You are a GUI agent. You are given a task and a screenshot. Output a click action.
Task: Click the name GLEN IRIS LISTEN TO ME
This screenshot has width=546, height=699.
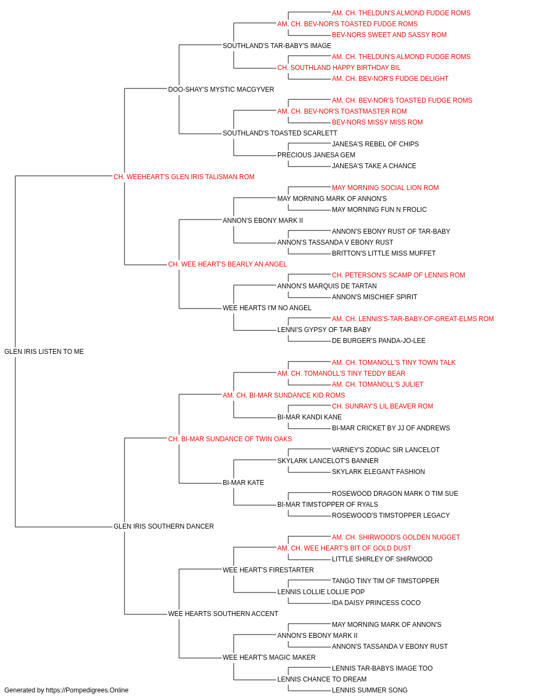click(44, 351)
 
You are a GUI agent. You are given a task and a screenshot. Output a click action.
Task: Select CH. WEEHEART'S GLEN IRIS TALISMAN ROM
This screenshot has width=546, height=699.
click(184, 176)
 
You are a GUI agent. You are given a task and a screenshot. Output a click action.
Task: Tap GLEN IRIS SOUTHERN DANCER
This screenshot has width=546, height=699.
click(164, 526)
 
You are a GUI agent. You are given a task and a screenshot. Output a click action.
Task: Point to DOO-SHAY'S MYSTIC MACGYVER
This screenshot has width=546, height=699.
click(221, 89)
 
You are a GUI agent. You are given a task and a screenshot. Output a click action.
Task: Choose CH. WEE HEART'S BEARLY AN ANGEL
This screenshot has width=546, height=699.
click(227, 264)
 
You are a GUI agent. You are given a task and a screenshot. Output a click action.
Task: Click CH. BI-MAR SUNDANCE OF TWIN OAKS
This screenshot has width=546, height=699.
click(230, 439)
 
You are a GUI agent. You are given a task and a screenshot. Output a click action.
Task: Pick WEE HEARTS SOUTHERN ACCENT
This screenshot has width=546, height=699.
click(223, 613)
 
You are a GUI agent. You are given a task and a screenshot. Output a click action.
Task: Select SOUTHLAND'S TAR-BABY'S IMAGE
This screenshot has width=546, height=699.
click(277, 46)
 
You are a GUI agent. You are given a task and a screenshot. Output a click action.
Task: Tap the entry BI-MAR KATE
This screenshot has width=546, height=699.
click(244, 483)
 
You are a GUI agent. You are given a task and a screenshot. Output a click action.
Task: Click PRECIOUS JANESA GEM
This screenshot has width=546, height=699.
click(317, 155)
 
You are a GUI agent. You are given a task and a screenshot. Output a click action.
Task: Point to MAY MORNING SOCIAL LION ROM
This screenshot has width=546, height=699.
click(385, 187)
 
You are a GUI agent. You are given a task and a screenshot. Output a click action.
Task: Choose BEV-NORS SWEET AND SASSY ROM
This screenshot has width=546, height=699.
click(389, 35)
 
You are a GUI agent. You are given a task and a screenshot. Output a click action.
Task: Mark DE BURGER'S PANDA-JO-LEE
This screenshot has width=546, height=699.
click(378, 340)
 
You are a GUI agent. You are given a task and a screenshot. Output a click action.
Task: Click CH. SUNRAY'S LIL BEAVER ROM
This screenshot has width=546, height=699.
click(382, 406)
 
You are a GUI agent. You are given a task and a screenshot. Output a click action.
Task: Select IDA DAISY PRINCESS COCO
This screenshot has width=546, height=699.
click(376, 602)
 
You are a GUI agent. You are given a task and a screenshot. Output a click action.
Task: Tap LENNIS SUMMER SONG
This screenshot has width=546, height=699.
click(370, 690)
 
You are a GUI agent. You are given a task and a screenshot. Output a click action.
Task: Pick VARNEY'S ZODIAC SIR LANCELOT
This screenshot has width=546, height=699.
click(385, 449)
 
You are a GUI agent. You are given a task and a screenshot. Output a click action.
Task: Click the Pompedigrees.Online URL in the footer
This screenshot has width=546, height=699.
click(87, 690)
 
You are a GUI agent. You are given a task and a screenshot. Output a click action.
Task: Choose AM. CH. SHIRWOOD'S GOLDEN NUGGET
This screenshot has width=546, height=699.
click(396, 537)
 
